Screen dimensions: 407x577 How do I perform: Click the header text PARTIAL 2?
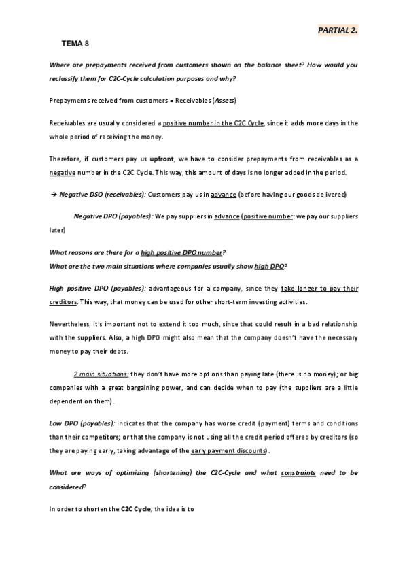338,31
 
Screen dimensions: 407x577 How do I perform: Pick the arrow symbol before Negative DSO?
54,195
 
